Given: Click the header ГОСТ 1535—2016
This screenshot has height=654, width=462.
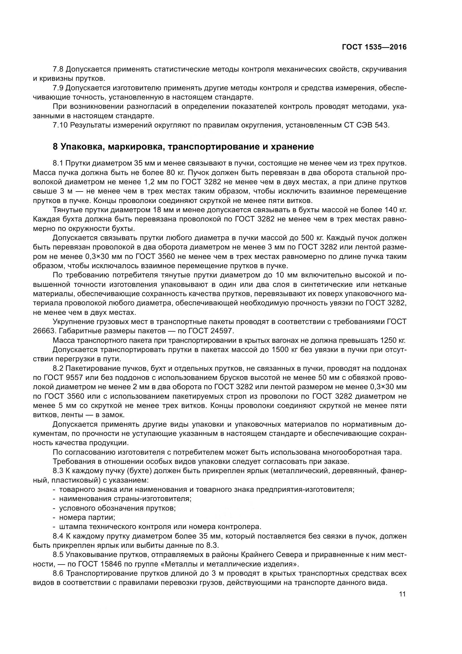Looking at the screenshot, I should (x=374, y=47).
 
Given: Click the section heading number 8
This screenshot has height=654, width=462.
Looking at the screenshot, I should (x=56, y=147).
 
